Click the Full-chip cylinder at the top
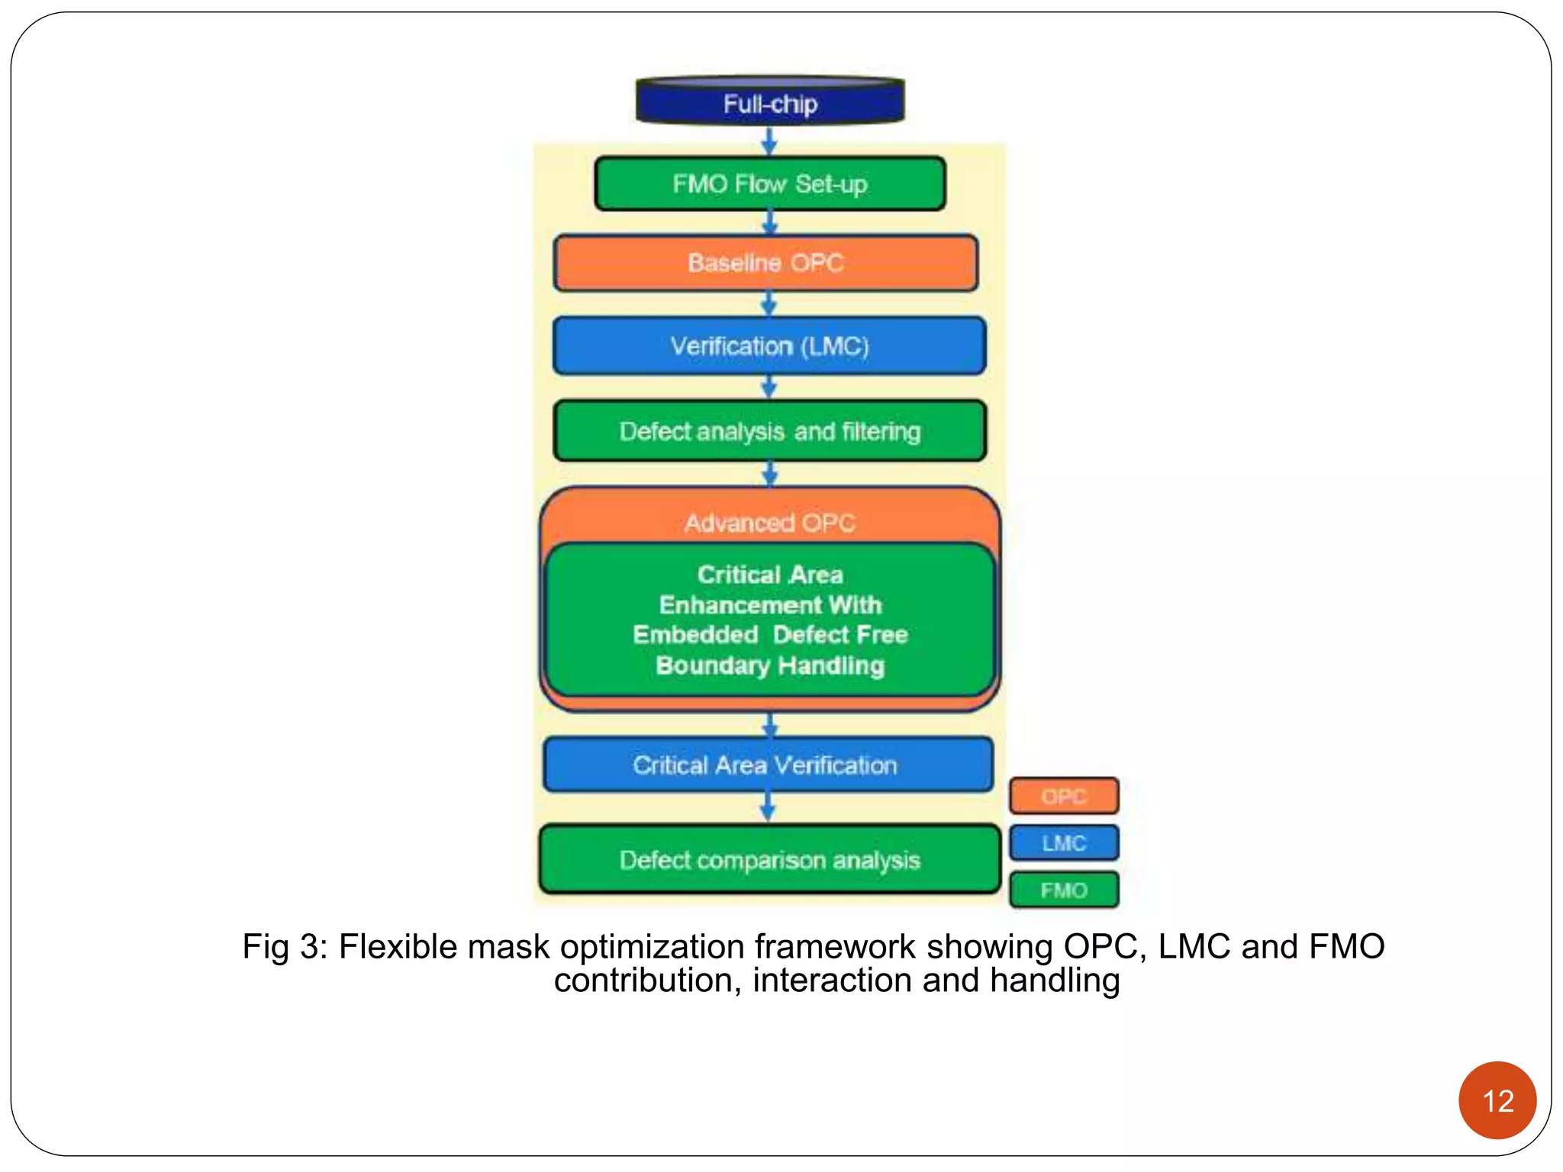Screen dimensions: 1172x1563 [770, 103]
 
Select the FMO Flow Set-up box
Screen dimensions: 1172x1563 [770, 184]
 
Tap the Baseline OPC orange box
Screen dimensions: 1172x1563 [765, 263]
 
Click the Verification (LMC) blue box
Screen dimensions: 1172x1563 [769, 346]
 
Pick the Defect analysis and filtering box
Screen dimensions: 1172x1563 [769, 432]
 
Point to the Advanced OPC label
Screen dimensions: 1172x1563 [769, 523]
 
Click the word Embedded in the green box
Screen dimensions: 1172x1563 [695, 635]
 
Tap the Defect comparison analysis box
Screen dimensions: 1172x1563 [769, 861]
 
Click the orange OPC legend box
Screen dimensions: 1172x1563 [1064, 797]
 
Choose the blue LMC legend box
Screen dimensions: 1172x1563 [1064, 843]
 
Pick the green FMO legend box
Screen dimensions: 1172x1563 [1064, 890]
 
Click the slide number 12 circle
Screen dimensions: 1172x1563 [1497, 1100]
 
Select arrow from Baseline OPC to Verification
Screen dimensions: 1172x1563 [769, 304]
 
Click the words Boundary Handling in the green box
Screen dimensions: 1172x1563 [769, 665]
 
